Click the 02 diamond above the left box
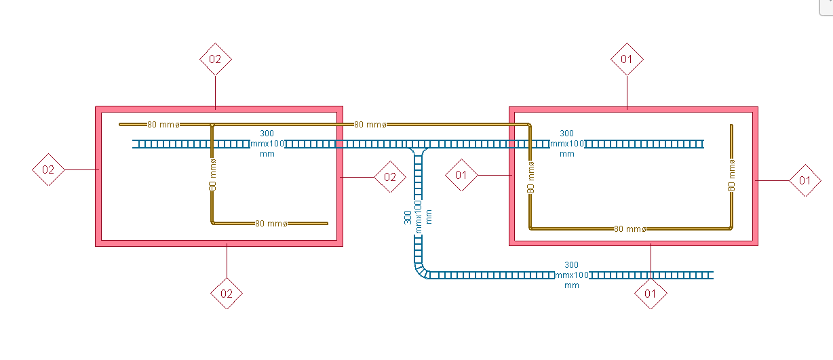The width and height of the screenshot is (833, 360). coord(215,60)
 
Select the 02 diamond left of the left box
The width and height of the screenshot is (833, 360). coord(48,169)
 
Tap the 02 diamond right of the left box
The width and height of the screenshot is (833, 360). coord(390,177)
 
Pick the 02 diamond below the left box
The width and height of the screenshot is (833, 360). coord(227,294)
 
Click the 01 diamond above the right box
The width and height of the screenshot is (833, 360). coord(627,59)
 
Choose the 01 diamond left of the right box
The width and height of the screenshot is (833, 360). coord(461,176)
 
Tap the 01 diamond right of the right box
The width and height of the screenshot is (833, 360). coord(805,180)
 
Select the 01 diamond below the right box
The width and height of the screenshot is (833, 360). coord(651,294)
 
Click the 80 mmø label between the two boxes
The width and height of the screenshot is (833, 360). coord(371,125)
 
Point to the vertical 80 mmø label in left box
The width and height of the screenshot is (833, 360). coord(212,175)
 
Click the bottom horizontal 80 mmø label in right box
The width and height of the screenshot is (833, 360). coord(629,229)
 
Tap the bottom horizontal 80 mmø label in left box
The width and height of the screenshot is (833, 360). coord(271,223)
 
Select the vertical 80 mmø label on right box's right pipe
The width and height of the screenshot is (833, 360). coord(732,175)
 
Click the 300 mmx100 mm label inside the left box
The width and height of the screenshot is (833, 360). coord(267,144)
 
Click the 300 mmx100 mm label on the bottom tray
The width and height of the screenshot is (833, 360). coord(571,275)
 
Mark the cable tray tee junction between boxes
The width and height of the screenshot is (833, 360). coord(418,147)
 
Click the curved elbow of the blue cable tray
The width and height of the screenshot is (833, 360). coord(421,271)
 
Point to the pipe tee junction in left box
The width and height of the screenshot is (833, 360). coord(212,125)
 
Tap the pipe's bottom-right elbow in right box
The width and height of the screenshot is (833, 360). coord(731,228)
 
